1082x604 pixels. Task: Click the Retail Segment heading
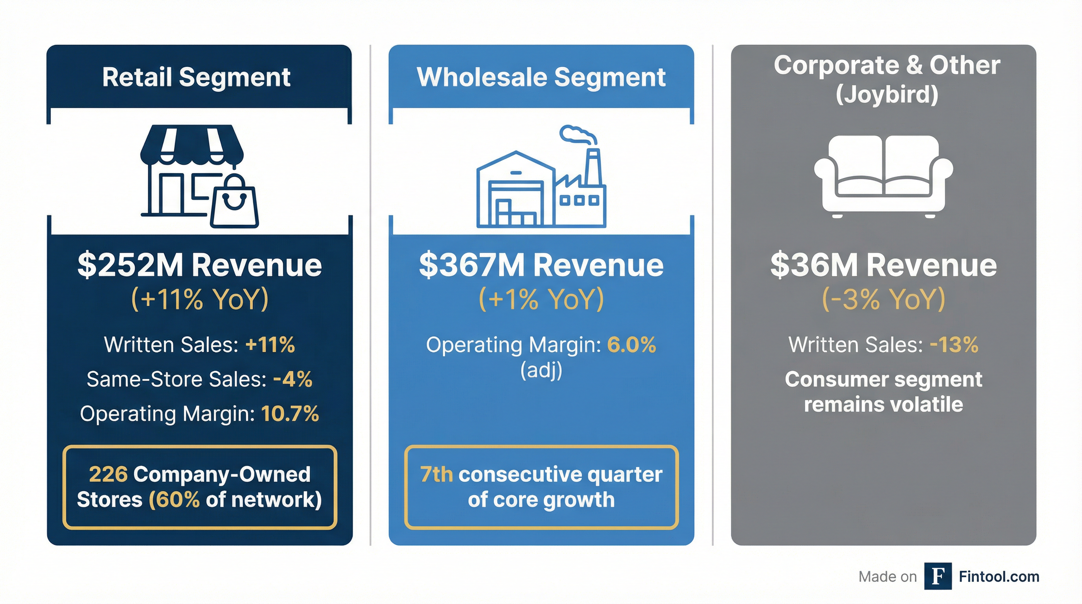click(x=196, y=77)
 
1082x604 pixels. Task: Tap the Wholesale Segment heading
click(x=541, y=77)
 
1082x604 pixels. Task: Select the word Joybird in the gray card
click(x=887, y=94)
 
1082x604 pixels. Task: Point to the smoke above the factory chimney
click(x=578, y=134)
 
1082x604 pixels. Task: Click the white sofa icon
click(x=883, y=175)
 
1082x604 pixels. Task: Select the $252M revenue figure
click(x=130, y=265)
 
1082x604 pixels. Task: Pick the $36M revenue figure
click(x=813, y=265)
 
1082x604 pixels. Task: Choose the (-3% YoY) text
click(x=883, y=299)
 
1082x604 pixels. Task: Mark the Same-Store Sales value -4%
click(x=293, y=379)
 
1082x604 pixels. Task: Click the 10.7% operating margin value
click(x=290, y=414)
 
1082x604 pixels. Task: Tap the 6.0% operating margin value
click(x=631, y=345)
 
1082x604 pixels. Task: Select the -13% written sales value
click(x=954, y=345)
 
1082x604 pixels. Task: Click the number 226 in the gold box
click(x=108, y=475)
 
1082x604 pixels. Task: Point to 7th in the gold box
click(x=436, y=475)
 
